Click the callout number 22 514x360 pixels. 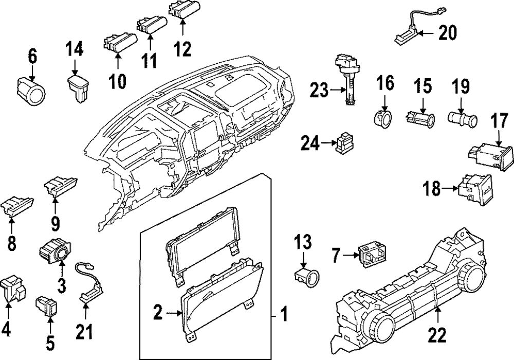point(437,335)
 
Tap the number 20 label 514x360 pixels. point(448,33)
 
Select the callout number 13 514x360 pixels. point(303,242)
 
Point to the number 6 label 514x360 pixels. point(32,56)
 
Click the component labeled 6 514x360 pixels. point(31,89)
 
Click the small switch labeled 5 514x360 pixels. point(47,305)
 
